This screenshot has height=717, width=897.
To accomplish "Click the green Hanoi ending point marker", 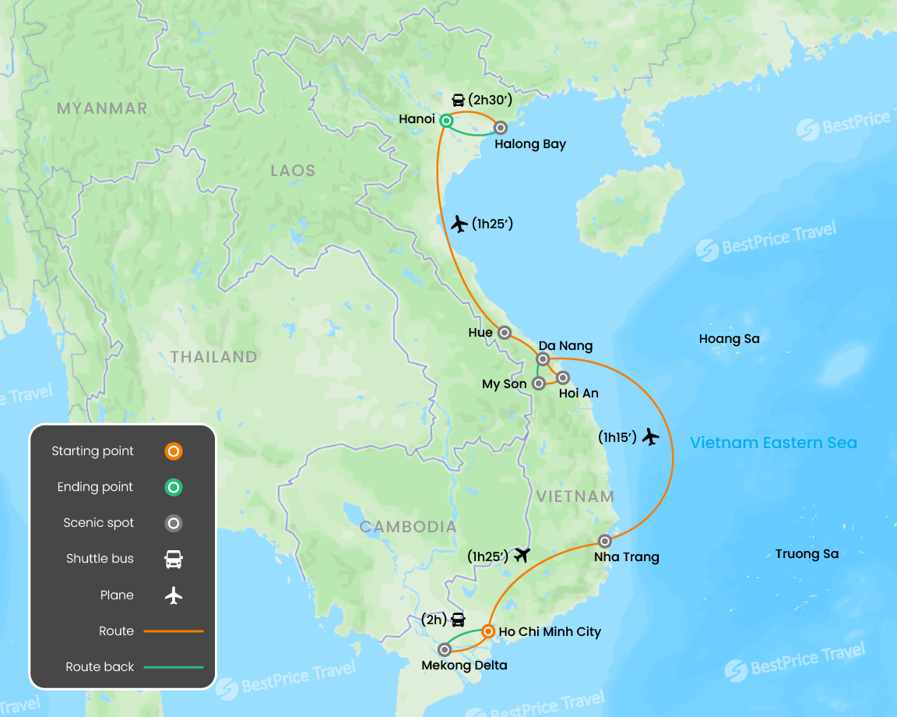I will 446,120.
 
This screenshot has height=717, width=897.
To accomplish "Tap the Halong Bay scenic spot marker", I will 501,127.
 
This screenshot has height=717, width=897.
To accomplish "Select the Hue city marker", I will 505,333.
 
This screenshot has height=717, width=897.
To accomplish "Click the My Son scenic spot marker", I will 538,383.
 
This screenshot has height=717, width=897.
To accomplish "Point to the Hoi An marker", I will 563,378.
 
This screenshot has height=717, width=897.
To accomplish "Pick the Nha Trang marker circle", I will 605,541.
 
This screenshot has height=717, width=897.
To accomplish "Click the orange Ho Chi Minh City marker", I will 487,631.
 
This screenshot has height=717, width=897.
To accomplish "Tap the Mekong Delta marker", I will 445,649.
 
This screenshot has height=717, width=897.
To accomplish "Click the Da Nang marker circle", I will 543,358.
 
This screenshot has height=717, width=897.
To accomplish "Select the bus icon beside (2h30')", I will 459,100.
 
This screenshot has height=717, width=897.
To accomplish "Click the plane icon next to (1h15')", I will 651,437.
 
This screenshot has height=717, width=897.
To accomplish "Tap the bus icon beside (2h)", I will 459,620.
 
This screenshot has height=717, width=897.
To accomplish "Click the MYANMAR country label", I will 102,108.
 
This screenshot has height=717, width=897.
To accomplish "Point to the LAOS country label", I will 293,171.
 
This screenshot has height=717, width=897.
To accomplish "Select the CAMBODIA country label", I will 408,527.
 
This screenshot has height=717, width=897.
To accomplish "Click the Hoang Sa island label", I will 729,339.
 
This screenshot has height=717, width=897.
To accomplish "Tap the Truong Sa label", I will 807,554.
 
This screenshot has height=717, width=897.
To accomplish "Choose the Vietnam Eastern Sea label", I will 773,443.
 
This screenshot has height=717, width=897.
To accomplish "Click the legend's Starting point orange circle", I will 174,451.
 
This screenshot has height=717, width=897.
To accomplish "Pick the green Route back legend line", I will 174,667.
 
